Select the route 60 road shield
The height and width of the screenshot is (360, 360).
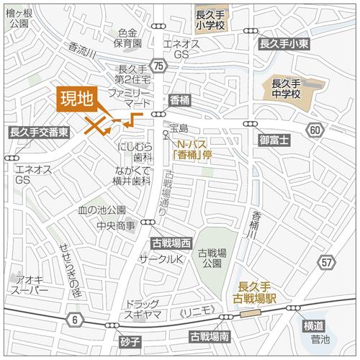coord(315,130)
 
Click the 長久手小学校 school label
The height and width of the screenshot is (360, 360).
coord(210,17)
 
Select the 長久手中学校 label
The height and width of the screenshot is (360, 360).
coord(286,88)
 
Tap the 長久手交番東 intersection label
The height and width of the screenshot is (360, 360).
coord(39,132)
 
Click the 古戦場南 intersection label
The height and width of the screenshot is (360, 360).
coord(209,336)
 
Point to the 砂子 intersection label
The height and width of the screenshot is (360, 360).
coord(130,339)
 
